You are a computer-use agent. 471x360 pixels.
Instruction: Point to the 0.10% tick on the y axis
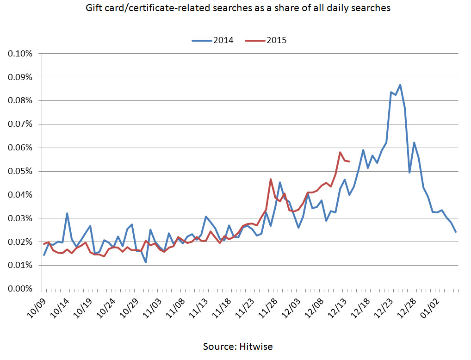click(20, 54)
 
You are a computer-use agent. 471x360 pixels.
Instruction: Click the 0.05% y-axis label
click(20, 171)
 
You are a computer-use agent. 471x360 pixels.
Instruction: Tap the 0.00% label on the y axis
click(20, 289)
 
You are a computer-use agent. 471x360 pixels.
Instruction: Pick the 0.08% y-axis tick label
click(20, 100)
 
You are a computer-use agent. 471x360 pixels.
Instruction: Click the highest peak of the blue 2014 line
click(400, 85)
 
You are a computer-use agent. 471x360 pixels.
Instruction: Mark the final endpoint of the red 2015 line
click(349, 161)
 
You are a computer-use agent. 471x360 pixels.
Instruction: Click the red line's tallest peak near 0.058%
click(340, 152)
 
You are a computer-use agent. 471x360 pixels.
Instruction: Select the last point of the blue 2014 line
click(456, 231)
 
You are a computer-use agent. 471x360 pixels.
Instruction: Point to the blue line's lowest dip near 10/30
click(146, 262)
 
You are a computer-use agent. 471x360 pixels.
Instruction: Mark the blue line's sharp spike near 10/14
click(67, 213)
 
